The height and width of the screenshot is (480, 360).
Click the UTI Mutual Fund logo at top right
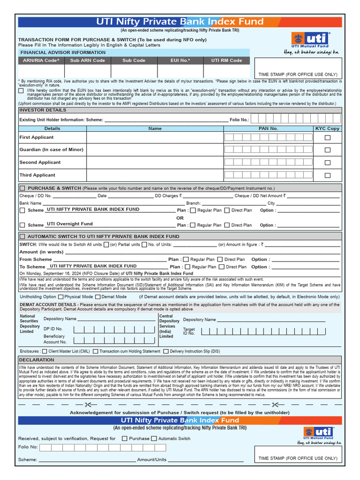pos(311,39)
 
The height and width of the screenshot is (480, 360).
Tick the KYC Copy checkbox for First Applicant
pos(328,137)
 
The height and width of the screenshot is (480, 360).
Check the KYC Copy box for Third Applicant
pos(328,175)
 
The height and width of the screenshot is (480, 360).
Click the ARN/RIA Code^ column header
pos(41,60)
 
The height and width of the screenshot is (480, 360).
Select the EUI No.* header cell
pos(180,60)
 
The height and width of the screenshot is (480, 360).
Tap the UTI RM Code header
pos(226,60)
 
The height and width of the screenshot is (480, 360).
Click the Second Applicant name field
pos(155,162)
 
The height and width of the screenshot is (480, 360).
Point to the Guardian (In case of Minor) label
pos(52,150)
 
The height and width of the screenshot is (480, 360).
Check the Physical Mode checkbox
pos(61,297)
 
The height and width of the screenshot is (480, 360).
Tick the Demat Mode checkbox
pos(97,297)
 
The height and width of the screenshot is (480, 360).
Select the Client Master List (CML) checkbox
pos(45,351)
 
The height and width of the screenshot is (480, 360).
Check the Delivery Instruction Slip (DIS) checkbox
pos(166,351)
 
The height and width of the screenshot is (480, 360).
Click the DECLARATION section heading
pos(37,360)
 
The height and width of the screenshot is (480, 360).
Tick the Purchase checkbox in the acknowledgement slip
pos(125,438)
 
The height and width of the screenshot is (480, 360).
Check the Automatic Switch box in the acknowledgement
pos(153,438)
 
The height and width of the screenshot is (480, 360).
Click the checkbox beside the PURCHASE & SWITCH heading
pos(22,188)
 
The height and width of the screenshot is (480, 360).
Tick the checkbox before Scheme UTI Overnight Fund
pos(22,225)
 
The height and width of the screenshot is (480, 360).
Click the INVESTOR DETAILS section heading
pos(43,110)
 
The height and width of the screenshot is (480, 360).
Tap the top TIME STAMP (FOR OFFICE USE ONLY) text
pos(298,75)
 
